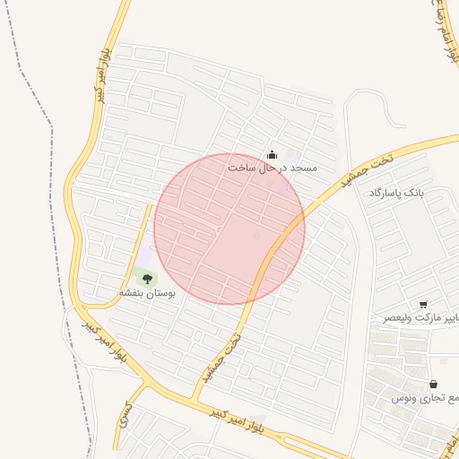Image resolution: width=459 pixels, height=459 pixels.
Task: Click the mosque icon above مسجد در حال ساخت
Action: [273, 154]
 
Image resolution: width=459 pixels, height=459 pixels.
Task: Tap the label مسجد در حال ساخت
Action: [273, 168]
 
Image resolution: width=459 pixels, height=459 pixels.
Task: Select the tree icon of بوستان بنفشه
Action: [147, 279]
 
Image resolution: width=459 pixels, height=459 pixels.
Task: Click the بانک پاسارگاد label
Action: [394, 193]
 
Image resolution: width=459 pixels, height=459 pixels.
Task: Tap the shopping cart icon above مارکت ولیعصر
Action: [423, 305]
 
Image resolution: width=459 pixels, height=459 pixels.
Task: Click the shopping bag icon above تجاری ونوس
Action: [433, 385]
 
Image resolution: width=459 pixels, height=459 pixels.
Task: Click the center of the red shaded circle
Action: [229, 229]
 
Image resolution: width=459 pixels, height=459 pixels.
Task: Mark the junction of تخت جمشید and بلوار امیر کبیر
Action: [195, 399]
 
